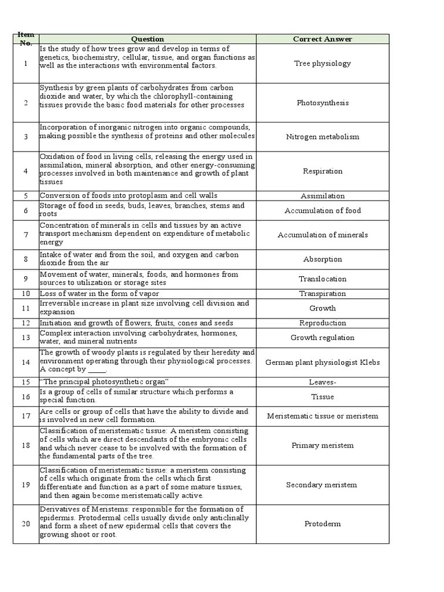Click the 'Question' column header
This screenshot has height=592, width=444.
tap(147, 39)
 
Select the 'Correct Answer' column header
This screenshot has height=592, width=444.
tap(322, 39)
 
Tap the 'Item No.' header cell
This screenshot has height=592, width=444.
tap(25, 39)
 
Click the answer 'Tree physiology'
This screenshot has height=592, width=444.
tap(322, 64)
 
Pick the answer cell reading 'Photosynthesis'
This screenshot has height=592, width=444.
tap(322, 103)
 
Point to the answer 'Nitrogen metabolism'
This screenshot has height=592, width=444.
tap(322, 137)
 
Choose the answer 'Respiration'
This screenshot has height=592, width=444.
tap(322, 171)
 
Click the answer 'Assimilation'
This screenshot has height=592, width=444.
tap(322, 196)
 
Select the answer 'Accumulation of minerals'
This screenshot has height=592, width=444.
tap(322, 235)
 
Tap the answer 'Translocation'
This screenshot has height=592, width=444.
tap(322, 279)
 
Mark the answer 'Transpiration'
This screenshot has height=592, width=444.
tap(322, 294)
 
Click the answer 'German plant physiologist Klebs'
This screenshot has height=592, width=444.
tap(322, 362)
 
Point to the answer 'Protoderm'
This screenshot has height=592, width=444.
tap(322, 524)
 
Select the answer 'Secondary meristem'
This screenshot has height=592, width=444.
tap(322, 485)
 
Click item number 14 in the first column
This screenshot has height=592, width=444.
tap(25, 362)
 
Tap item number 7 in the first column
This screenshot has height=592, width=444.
tap(25, 235)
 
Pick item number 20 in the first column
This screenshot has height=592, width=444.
tap(25, 524)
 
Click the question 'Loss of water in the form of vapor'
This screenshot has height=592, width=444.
tap(99, 294)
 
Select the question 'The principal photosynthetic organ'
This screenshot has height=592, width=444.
tap(104, 382)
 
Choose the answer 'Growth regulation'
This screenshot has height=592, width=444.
tap(322, 338)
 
